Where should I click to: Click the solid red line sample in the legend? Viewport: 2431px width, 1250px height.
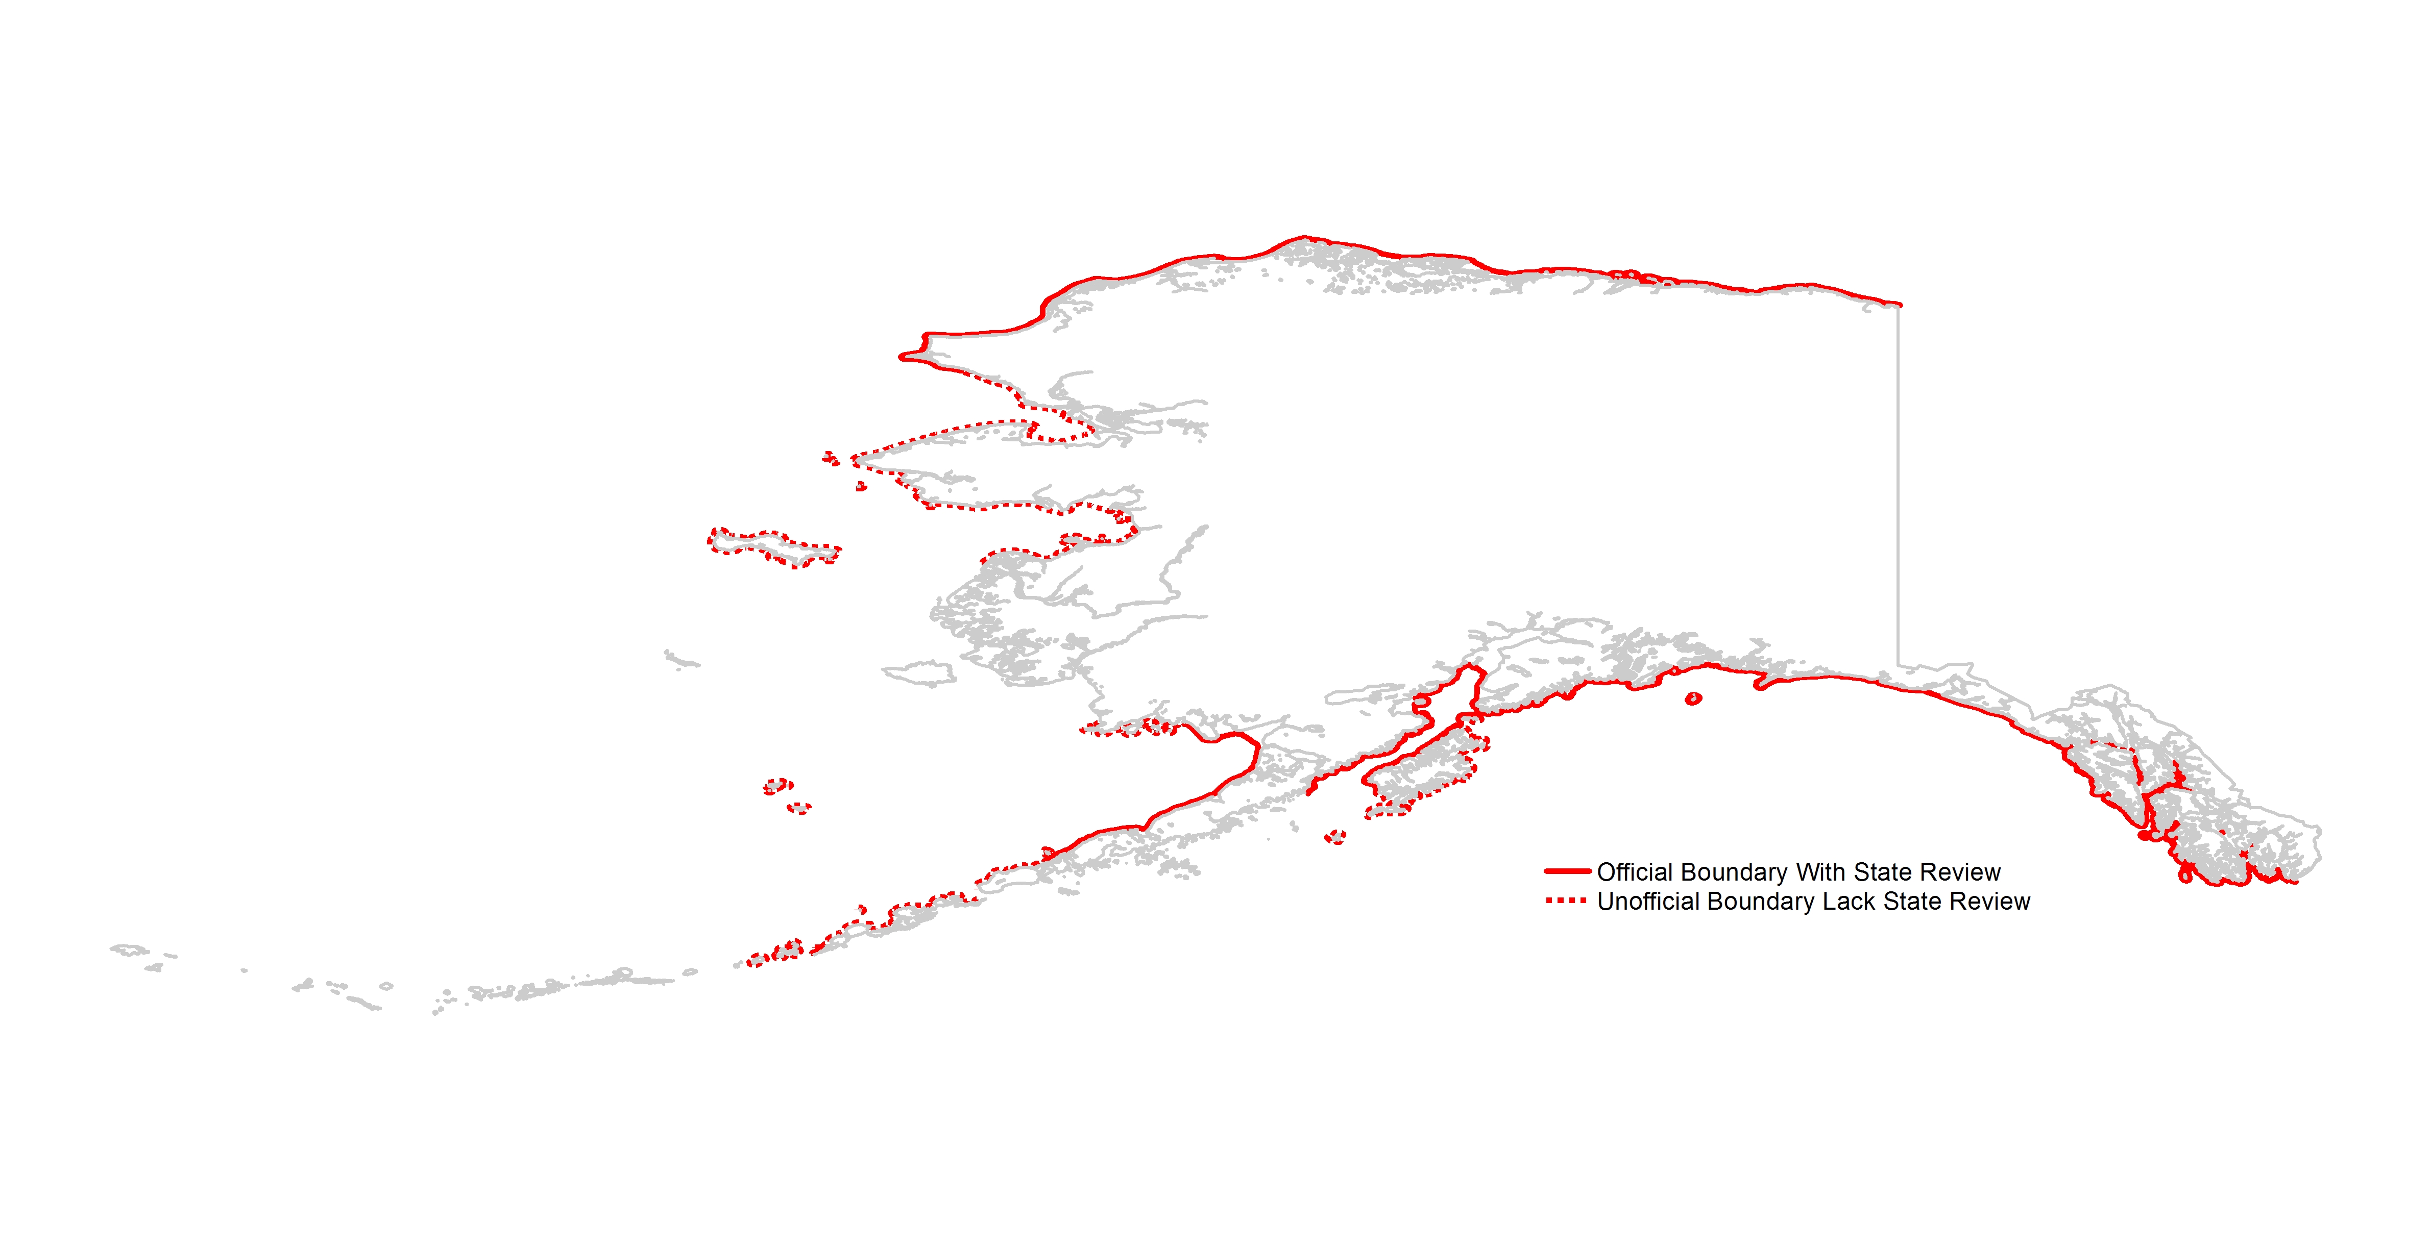[x=1568, y=871]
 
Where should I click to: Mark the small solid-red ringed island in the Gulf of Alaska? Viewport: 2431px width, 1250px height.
[x=1693, y=699]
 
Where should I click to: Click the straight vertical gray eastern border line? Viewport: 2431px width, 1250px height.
[x=1899, y=491]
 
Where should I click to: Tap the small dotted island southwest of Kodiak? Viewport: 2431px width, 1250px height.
[x=1334, y=837]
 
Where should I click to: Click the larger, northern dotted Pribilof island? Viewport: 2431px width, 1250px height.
[x=777, y=786]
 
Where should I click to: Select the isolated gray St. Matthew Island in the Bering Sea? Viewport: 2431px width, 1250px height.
[x=680, y=659]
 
